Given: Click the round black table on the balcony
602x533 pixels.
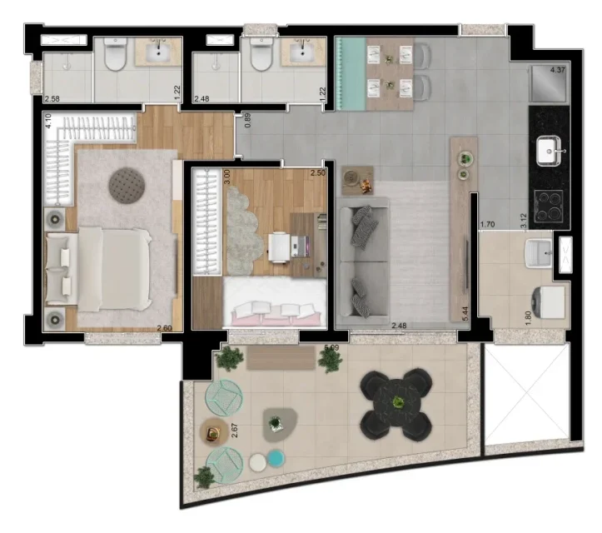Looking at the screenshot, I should (x=396, y=404).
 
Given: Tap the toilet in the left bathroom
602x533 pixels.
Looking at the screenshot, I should (x=114, y=55).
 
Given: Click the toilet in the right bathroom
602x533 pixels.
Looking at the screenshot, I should (x=261, y=55).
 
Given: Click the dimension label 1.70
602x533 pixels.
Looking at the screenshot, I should (x=488, y=224).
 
